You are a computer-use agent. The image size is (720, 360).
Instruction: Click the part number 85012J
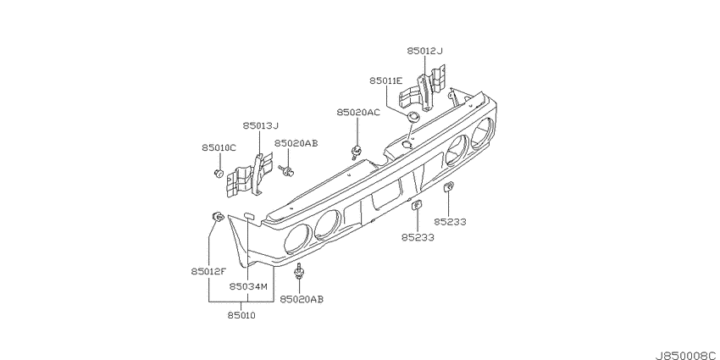pos(424,51)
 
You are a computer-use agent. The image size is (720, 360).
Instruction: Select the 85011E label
pos(386,80)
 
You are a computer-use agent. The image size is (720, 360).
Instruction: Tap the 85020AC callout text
pos(358,113)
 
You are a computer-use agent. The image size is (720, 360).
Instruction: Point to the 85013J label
pos(261,125)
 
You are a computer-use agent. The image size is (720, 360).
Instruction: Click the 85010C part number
pos(219,148)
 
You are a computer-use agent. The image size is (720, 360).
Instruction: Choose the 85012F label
pos(209,271)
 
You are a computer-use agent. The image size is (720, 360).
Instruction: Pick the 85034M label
pos(248,286)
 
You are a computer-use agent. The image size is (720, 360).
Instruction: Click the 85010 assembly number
pos(241,315)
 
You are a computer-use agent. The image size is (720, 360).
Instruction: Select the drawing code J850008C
pos(687,356)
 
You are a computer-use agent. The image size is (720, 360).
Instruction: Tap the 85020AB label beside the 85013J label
pos(296,144)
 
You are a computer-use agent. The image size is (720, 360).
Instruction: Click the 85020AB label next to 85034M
pos(302,299)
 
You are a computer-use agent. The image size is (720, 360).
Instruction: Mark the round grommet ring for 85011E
pos(413,116)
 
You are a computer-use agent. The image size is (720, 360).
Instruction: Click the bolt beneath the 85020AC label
pos(356,152)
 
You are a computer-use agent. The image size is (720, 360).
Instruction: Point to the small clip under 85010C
pos(219,173)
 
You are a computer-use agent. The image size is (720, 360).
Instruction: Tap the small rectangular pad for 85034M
pos(250,214)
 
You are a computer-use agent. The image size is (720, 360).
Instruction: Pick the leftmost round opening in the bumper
pos(298,239)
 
